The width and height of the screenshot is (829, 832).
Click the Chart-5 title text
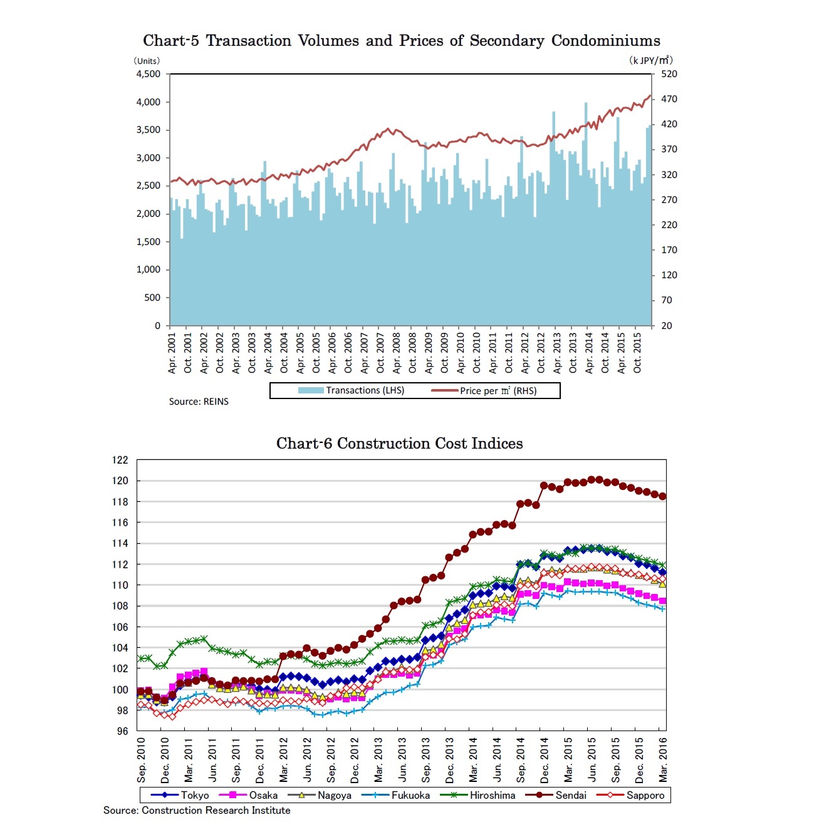pos(401,41)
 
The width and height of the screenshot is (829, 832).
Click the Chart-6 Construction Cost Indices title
pos(399,444)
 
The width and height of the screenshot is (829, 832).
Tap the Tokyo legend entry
pos(180,795)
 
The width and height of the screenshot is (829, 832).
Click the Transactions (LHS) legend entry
pos(352,390)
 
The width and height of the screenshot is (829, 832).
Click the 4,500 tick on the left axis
pos(149,74)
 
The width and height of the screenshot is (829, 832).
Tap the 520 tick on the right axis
pos(669,74)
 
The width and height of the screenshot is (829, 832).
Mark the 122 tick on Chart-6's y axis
pos(120,460)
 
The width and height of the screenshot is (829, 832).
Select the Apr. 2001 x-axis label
pos(172,353)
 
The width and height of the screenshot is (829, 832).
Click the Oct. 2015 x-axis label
pos(637,353)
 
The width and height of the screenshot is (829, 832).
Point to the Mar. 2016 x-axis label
pos(663,760)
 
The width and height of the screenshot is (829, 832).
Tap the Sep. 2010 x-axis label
pos(142,760)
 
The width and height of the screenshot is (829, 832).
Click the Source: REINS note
pos(199,402)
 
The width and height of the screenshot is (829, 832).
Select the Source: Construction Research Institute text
pos(197,810)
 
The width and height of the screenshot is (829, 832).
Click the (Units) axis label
pos(147,61)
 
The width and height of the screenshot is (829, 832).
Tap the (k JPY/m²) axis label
pos(650,60)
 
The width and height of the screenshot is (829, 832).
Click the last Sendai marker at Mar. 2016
pos(662,496)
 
